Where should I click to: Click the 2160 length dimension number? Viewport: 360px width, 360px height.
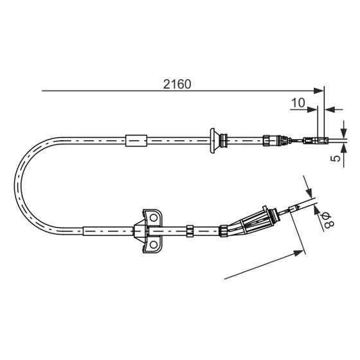coord(177,84)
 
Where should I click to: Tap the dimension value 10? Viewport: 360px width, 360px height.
coord(298,103)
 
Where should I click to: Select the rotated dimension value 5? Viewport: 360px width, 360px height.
coord(336,158)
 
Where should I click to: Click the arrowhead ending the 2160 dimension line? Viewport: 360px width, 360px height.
coord(319,91)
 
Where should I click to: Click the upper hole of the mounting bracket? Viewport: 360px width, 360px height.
coord(154,217)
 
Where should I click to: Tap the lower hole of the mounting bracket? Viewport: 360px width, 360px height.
coord(154,245)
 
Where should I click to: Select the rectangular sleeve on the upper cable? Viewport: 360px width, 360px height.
coord(136,141)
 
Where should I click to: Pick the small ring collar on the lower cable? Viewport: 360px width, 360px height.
coord(190,231)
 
